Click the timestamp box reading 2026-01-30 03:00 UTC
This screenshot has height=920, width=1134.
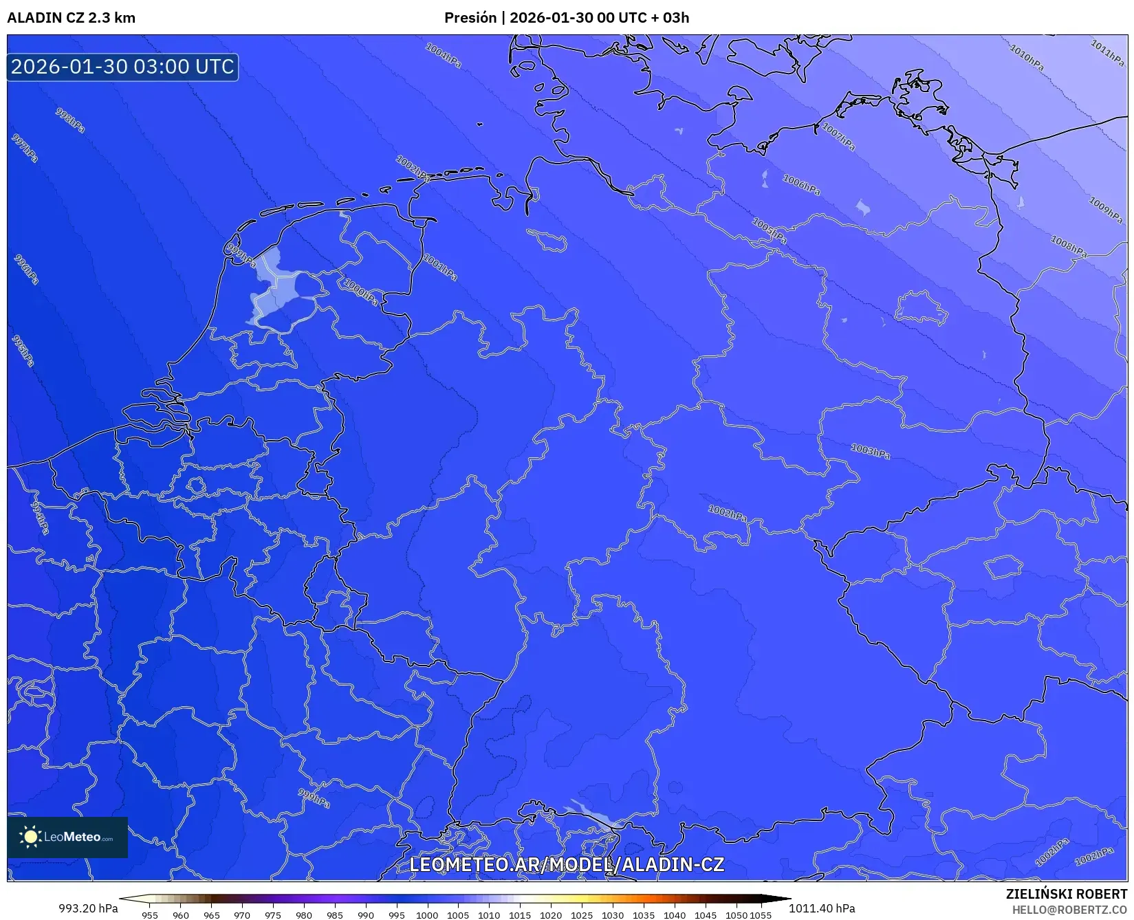coord(122,67)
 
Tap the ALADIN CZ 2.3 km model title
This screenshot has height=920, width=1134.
coord(71,18)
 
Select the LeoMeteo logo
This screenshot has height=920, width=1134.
coord(67,837)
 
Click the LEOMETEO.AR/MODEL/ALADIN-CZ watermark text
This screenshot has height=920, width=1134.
coord(567,864)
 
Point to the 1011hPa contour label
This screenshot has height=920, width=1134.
coord(1107,53)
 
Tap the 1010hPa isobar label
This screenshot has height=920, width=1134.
coord(1027,58)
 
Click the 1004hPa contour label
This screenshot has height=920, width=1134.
coord(444,55)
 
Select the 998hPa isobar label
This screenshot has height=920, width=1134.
coord(70,120)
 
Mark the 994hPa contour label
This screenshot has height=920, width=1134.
coord(41,518)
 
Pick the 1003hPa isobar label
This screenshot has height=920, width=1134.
coord(870,451)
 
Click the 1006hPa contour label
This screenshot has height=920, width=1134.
coord(801,184)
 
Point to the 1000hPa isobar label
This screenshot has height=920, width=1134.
coord(361,292)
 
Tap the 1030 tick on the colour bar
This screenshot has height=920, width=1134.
coord(613,915)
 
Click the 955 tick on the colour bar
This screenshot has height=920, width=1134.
coord(150,915)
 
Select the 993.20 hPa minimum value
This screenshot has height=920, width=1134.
coord(88,908)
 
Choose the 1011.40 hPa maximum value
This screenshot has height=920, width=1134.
coord(822,908)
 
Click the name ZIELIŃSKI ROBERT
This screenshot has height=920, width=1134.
coord(1067,894)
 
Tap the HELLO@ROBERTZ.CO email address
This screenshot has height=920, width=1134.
coord(1069,910)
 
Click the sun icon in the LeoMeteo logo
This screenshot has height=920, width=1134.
coord(30,837)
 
